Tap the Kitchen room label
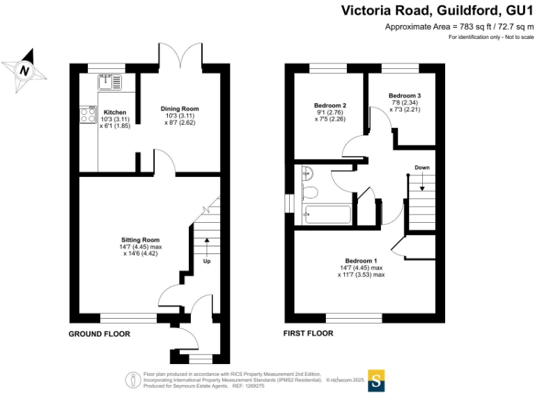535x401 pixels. click(115, 112)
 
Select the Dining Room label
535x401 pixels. click(180, 109)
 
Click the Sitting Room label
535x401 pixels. click(141, 239)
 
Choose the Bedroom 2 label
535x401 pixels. click(330, 105)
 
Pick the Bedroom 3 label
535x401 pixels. click(405, 95)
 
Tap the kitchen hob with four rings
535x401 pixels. click(88, 115)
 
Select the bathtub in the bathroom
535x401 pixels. click(326, 215)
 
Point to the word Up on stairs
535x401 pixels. click(207, 262)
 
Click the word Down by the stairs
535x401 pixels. click(422, 168)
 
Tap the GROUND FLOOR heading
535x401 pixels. click(99, 334)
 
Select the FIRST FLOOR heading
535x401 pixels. click(308, 333)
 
